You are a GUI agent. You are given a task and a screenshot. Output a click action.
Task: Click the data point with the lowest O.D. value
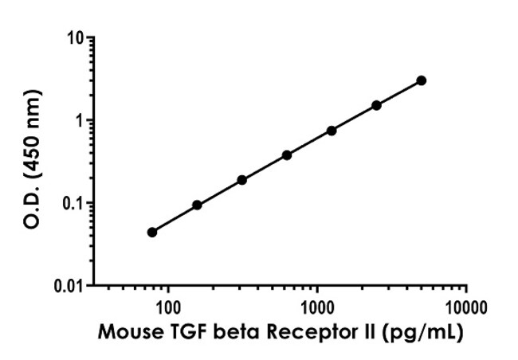pyautogui.click(x=152, y=232)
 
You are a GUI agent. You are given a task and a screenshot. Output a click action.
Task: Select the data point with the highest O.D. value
pyautogui.click(x=421, y=80)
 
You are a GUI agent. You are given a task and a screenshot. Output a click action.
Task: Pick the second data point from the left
pyautogui.click(x=197, y=205)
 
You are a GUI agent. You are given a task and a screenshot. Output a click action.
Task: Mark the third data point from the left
pyautogui.click(x=241, y=180)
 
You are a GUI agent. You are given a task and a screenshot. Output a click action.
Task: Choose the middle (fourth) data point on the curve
pyautogui.click(x=287, y=155)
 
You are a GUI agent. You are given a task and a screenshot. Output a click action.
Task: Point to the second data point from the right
pyautogui.click(x=376, y=105)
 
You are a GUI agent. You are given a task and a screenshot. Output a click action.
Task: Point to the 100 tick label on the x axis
pyautogui.click(x=168, y=305)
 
